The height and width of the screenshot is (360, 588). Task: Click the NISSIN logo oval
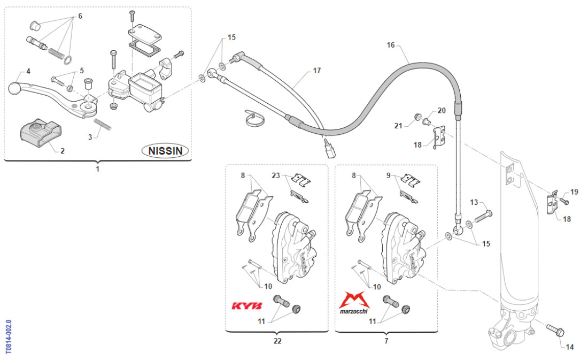[166, 151]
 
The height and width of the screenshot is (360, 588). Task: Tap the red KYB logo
[246, 306]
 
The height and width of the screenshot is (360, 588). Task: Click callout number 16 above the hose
[391, 45]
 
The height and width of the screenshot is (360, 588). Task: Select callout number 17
[317, 70]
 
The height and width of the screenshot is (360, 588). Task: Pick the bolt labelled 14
[554, 330]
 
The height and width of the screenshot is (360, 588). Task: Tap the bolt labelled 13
[481, 215]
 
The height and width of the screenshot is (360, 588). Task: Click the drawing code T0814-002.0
[8, 337]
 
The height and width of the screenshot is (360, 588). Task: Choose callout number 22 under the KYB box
[277, 340]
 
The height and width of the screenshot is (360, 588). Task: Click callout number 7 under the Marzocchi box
[386, 340]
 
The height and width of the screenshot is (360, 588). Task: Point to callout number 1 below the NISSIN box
[97, 169]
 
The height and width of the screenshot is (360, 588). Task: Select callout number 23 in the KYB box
[276, 175]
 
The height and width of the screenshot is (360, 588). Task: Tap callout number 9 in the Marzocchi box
[389, 175]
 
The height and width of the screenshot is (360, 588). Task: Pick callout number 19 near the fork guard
[574, 192]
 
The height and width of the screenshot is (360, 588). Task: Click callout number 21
[398, 126]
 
